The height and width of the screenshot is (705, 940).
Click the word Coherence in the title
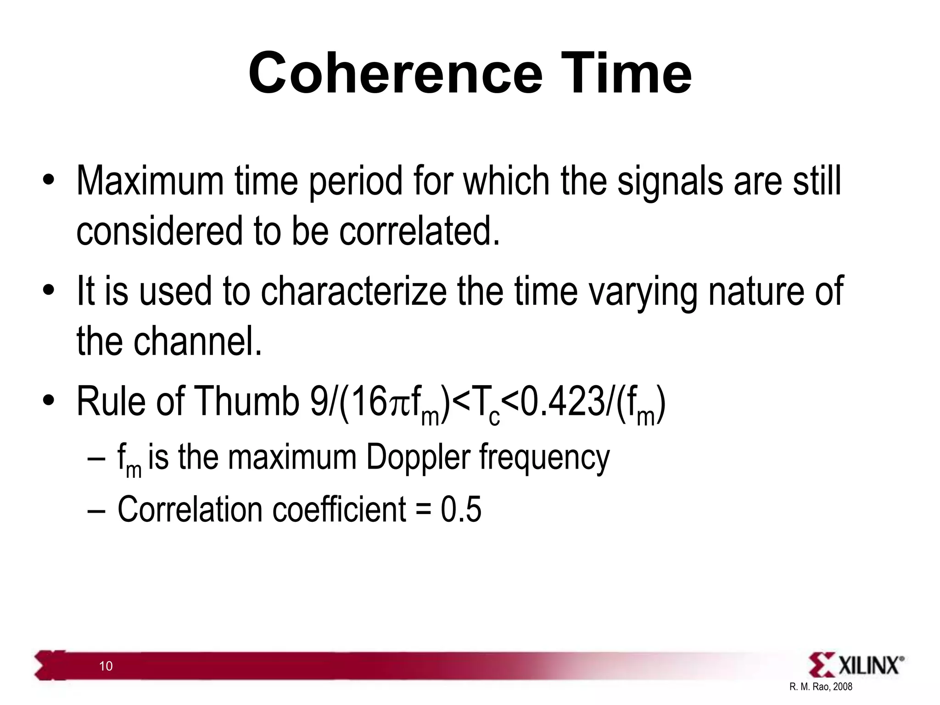coord(396,73)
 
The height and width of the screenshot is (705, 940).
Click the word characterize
coord(353,292)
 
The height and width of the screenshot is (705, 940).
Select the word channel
coord(197,341)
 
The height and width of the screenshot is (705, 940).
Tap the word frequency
coord(544,458)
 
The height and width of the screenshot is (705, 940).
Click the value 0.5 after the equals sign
coord(461,509)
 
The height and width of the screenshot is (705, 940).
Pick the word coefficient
coord(339,509)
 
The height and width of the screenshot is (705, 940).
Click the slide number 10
coord(106,666)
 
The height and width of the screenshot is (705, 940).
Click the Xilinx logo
coord(856,665)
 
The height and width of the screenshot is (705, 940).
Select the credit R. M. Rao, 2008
coord(821,687)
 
